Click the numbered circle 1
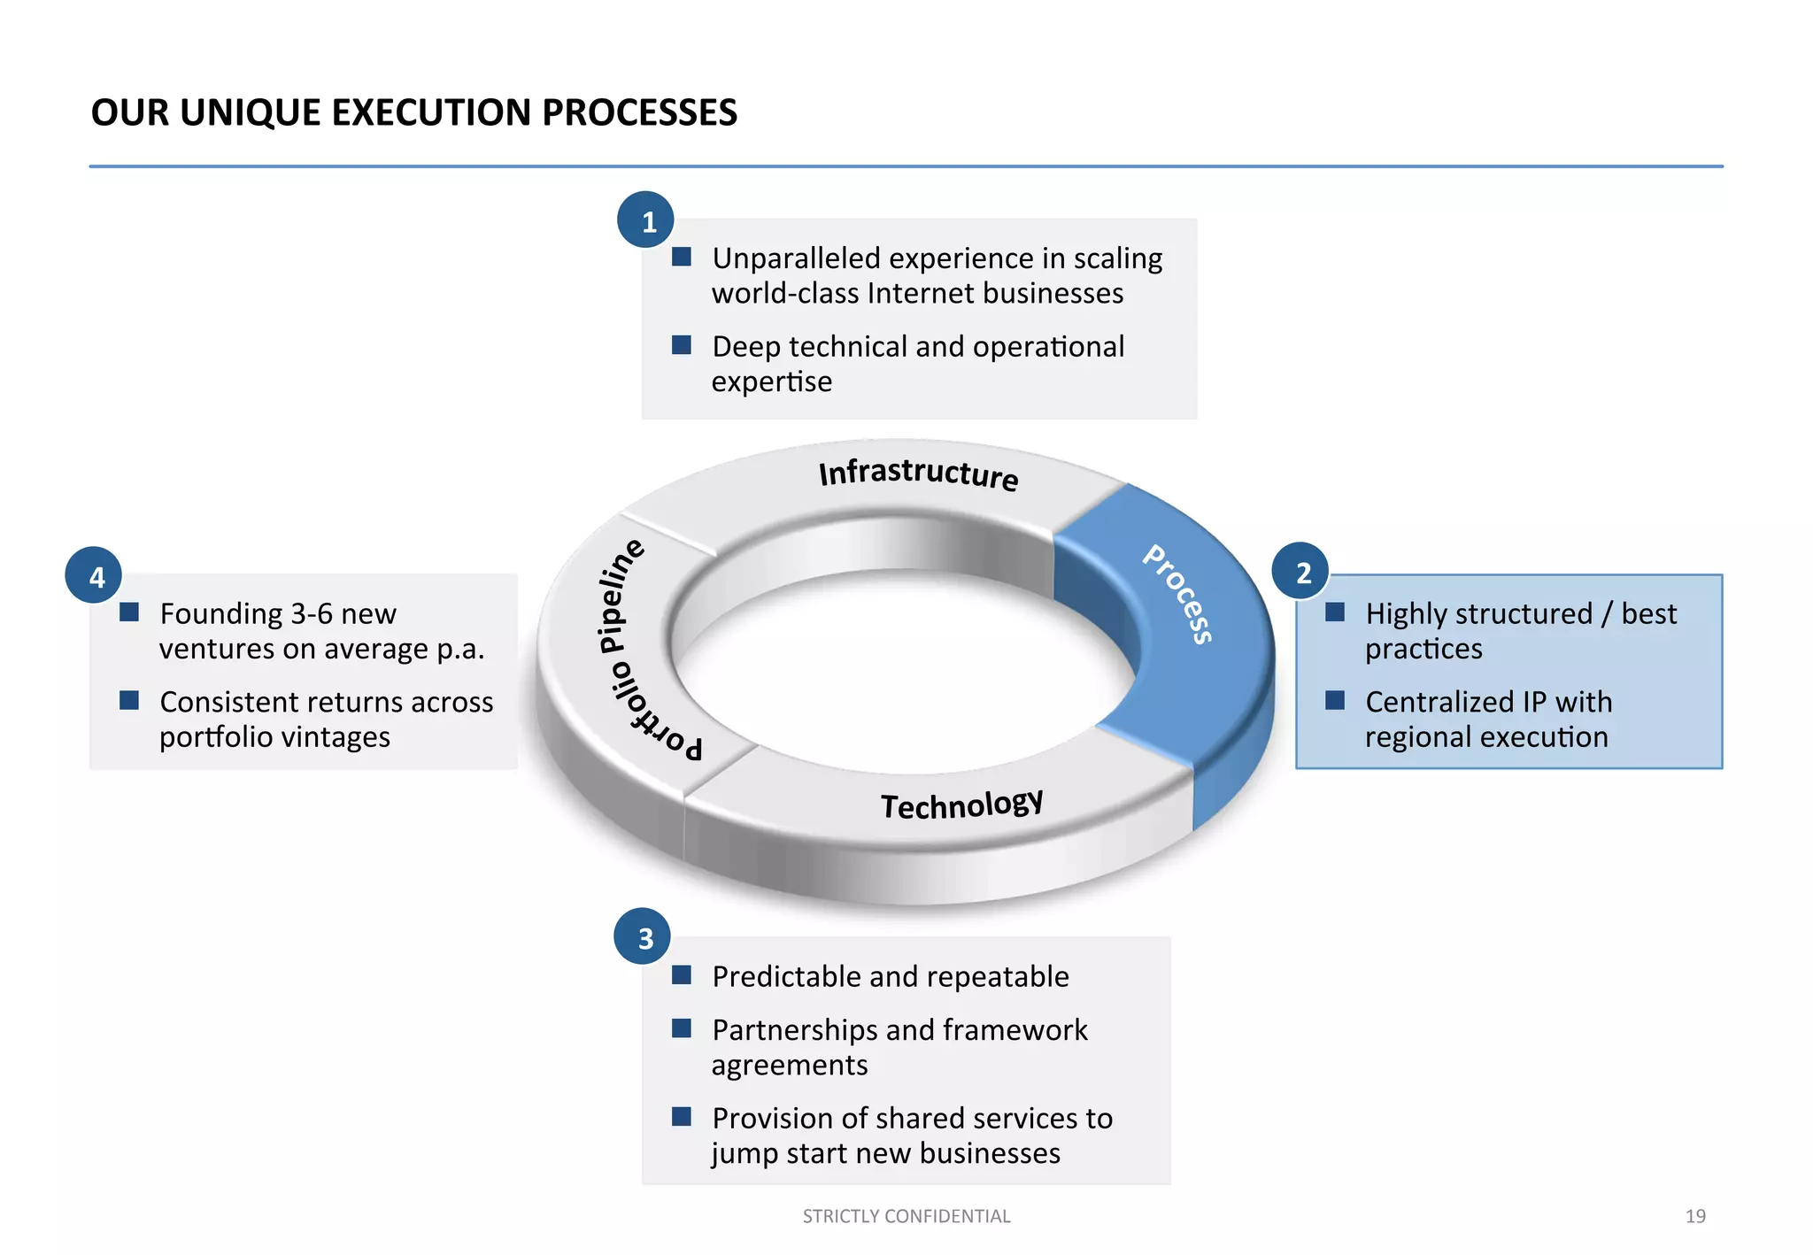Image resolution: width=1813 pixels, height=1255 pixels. pos(646,220)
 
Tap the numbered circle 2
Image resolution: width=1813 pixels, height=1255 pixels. pos(1300,572)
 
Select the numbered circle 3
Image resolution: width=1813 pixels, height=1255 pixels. pos(643,937)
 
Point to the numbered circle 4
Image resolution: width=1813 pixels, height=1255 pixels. pos(94,576)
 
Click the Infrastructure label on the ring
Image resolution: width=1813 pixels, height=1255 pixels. pos(918,473)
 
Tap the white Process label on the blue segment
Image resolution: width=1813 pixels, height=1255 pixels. pos(1178,594)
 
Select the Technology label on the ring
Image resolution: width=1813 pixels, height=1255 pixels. pos(961,805)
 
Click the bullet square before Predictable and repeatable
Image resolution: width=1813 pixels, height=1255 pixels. pos(681,975)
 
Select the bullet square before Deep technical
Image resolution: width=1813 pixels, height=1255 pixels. pos(681,345)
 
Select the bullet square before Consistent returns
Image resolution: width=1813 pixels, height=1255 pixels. pos(129,701)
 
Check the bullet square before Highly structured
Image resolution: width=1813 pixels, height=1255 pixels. pos(1335,612)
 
